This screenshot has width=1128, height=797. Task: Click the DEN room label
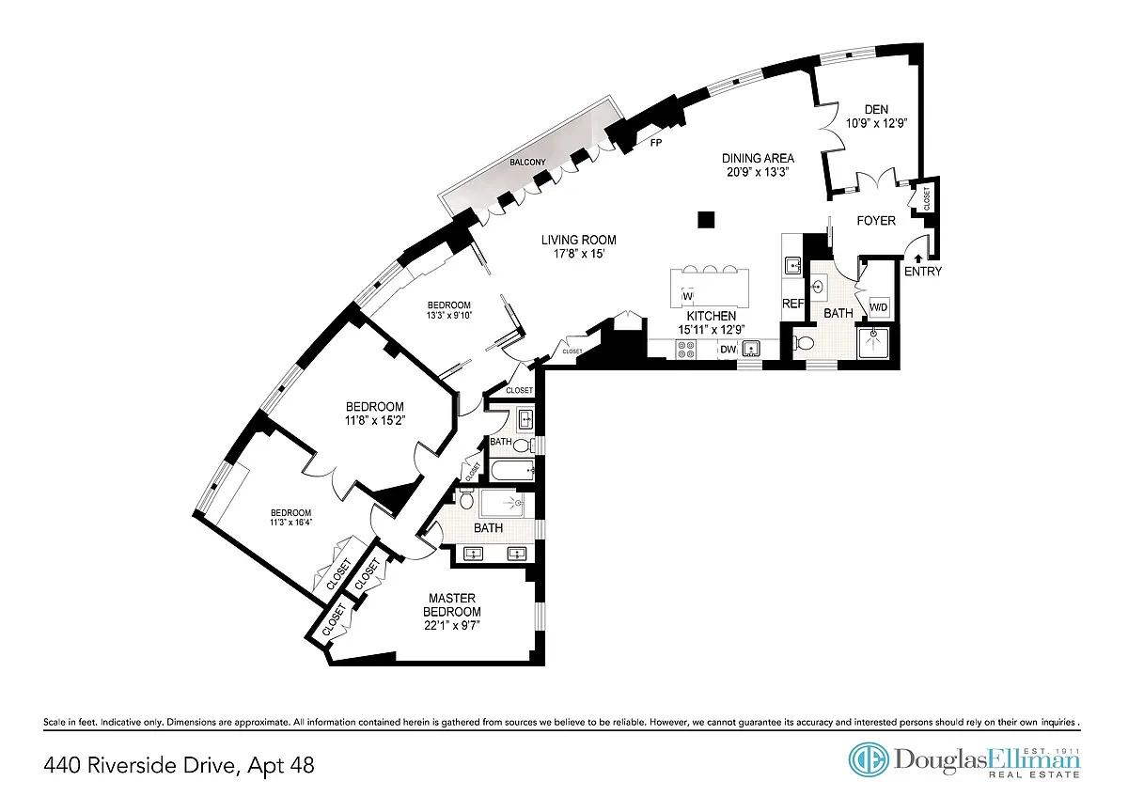(876, 109)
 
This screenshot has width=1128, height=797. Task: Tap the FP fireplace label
(656, 143)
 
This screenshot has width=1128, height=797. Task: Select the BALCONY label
(527, 163)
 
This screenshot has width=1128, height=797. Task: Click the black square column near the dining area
(706, 220)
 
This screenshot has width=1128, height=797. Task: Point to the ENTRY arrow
(918, 258)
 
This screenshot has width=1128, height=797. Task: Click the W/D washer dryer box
(879, 307)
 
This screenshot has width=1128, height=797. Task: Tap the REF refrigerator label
(792, 304)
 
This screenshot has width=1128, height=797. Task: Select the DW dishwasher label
(728, 350)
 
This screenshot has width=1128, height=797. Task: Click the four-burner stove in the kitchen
(685, 350)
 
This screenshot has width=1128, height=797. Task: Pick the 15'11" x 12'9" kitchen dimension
(711, 330)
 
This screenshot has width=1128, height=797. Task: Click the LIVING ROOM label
(579, 241)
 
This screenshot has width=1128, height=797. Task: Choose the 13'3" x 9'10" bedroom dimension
(448, 316)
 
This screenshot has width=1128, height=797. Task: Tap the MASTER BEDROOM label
(452, 604)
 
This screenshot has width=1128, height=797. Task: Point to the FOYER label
(876, 221)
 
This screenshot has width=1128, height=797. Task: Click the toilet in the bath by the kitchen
(804, 343)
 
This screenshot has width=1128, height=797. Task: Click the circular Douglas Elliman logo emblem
(869, 758)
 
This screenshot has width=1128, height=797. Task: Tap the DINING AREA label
(758, 158)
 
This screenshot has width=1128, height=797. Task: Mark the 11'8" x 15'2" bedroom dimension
(375, 420)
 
